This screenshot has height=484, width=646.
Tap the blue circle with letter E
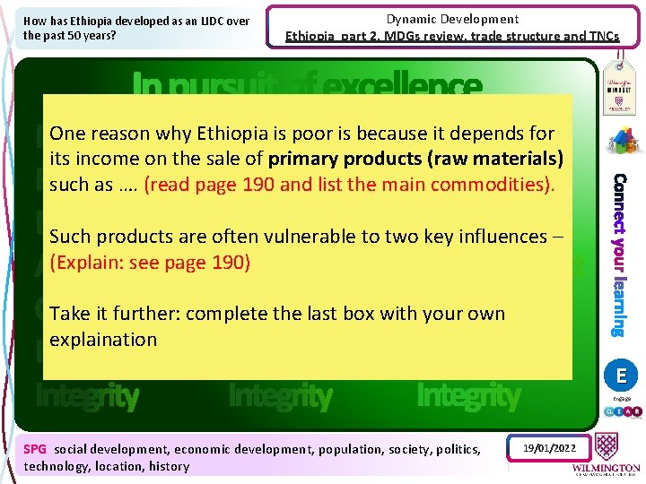(x=621, y=374)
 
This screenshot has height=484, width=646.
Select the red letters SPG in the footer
(x=36, y=449)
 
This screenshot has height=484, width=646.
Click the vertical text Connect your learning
(x=618, y=255)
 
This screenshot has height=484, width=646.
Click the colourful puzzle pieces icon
(x=621, y=141)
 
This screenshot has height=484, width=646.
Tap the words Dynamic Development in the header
(x=452, y=19)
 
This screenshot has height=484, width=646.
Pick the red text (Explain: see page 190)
(x=150, y=263)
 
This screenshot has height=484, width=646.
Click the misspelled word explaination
(x=103, y=340)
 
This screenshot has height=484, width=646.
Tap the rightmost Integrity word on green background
(x=468, y=395)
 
